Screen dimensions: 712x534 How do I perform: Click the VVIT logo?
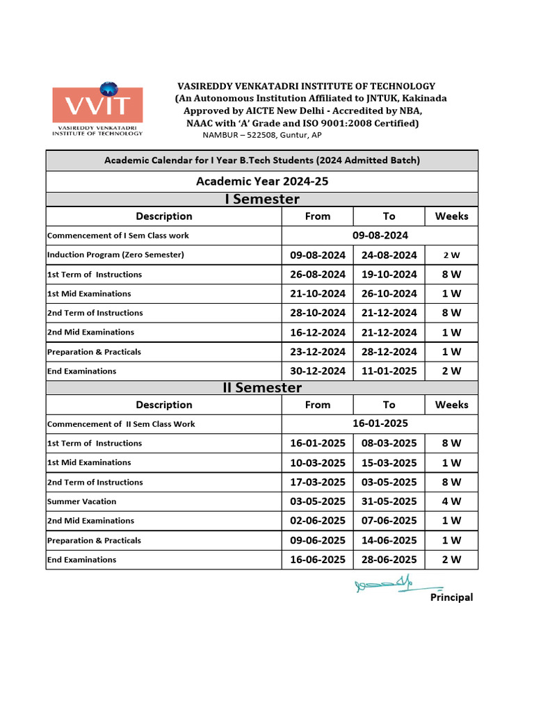pyautogui.click(x=97, y=110)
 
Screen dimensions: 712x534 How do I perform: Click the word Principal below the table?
pyautogui.click(x=451, y=597)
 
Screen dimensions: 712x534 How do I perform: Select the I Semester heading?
pyautogui.click(x=262, y=200)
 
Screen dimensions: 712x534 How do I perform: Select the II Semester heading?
pyautogui.click(x=262, y=388)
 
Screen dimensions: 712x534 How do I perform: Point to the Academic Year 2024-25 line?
pyautogui.click(x=262, y=181)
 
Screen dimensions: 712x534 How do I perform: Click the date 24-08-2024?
pyautogui.click(x=389, y=255)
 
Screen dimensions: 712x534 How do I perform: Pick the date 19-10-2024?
pyautogui.click(x=389, y=275)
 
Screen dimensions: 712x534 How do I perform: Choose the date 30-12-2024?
pyautogui.click(x=318, y=371)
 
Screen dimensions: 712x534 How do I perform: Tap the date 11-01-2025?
pyautogui.click(x=389, y=371)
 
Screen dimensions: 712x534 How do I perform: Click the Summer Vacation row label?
pyautogui.click(x=82, y=501)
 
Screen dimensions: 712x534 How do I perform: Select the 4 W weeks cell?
pyautogui.click(x=451, y=501)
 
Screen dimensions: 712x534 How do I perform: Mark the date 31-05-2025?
pyautogui.click(x=389, y=501)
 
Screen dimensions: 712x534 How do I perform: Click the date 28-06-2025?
pyautogui.click(x=389, y=560)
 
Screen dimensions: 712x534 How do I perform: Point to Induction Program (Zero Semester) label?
pyautogui.click(x=115, y=254)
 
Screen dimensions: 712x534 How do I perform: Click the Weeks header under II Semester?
pyautogui.click(x=451, y=405)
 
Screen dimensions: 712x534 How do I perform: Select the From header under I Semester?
pyautogui.click(x=318, y=216)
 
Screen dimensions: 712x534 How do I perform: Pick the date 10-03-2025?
pyautogui.click(x=318, y=463)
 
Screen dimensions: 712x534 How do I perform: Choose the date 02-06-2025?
pyautogui.click(x=318, y=521)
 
